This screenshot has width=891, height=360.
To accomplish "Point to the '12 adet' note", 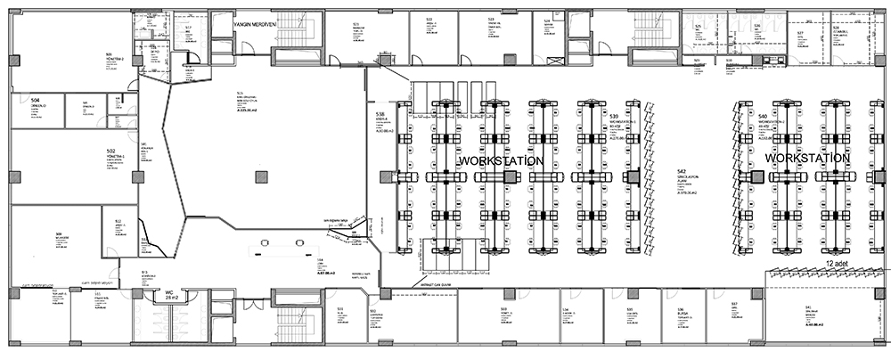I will [836, 265].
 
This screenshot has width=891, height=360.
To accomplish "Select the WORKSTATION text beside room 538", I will [502, 160].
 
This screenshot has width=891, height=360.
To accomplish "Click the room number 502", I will [111, 151].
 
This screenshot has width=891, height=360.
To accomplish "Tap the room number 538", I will [380, 116].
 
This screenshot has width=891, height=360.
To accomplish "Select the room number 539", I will [615, 117].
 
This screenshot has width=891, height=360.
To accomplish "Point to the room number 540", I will [763, 117].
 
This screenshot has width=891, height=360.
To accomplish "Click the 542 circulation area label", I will [681, 171].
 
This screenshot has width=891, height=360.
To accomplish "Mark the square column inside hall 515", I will [260, 176].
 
